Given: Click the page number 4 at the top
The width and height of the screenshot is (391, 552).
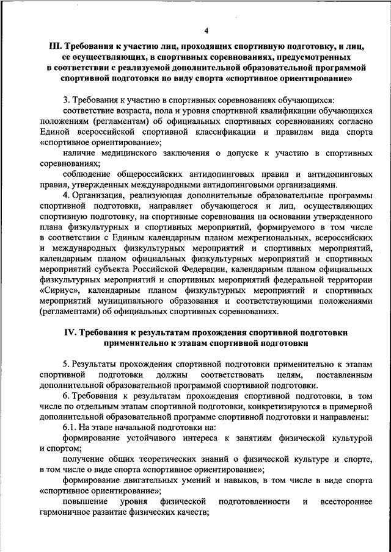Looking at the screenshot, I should click(206, 31).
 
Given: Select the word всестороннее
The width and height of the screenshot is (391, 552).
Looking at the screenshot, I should click(346, 501).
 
